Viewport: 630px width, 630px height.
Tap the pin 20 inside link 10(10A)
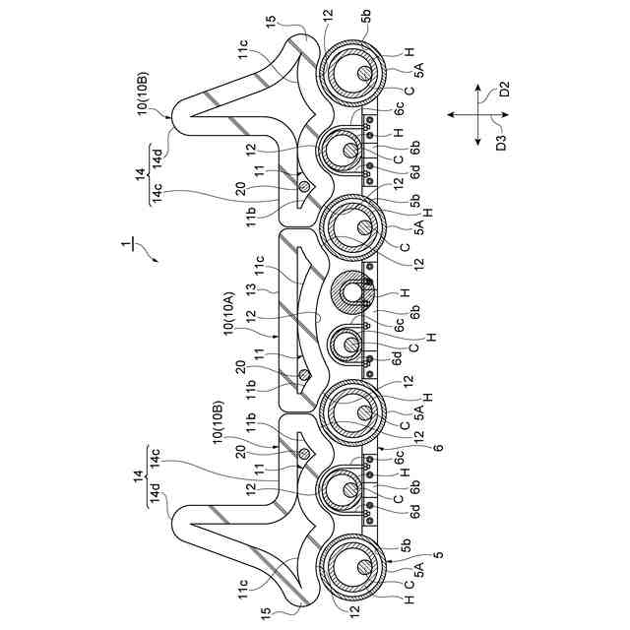305,374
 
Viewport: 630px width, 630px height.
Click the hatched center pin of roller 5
365,567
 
